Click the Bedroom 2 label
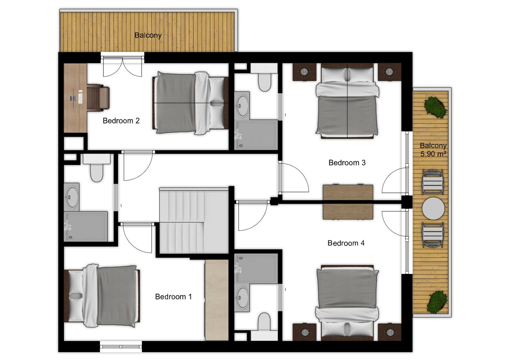coord(121,121)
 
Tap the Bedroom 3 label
coord(347,163)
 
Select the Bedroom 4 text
coord(346,243)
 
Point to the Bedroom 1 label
coord(173,297)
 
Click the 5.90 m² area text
coord(433,154)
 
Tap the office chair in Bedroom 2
coord(98,98)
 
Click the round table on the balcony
coord(433,208)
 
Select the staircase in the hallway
coord(194,220)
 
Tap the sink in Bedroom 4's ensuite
coord(242,298)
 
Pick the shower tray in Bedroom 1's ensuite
coord(86,226)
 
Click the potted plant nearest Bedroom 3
coord(435,107)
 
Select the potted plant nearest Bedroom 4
coord(437,302)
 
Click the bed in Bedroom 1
coord(102,296)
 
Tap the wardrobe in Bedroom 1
coord(217,300)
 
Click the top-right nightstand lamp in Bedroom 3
coord(389,72)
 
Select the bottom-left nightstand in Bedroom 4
coord(304,332)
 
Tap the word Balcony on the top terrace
coord(148,35)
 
